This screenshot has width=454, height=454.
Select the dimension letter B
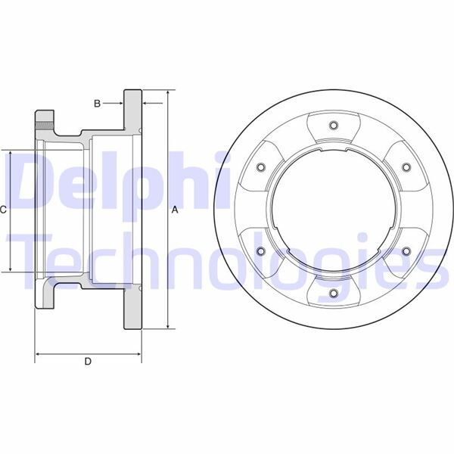97,102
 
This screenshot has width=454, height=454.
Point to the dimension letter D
88,362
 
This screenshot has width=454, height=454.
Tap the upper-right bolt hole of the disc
406,167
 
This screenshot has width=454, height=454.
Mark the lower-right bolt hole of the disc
406,251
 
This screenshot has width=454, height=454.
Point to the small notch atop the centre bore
333,154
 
